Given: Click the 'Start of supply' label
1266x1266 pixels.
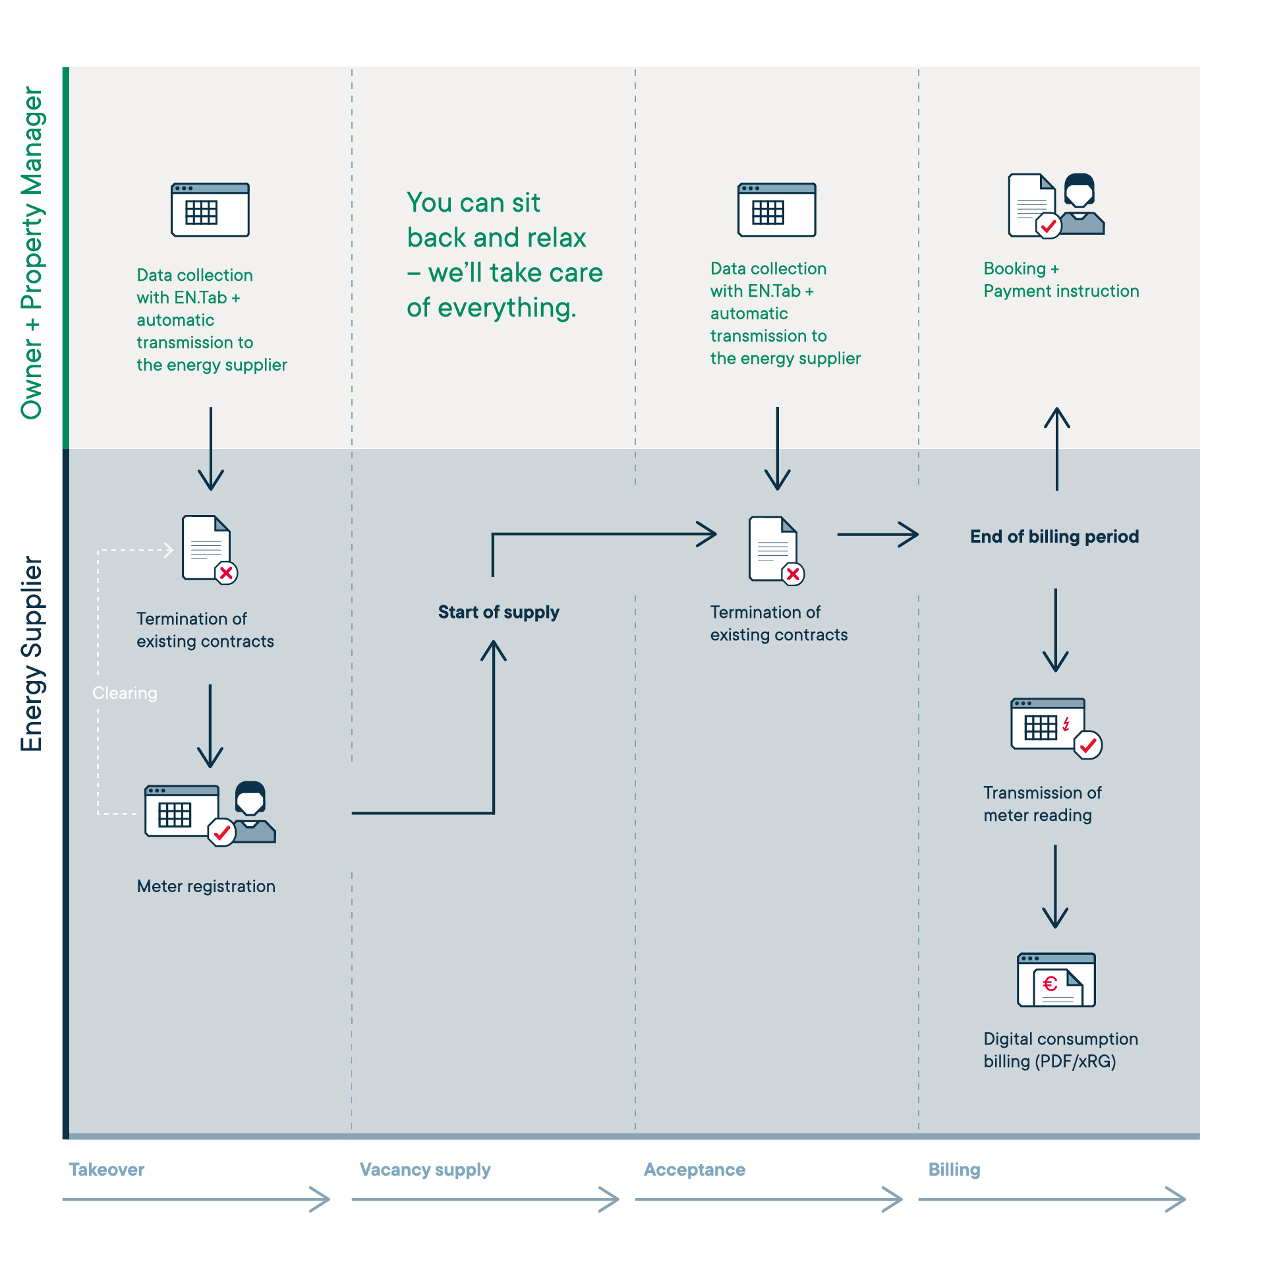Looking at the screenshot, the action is pos(499,613).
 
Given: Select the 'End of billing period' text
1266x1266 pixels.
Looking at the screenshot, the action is pos(1054,537).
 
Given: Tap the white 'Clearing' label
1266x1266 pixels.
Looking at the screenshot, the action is pos(125,693).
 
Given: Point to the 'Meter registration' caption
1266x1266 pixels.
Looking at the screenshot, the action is pos(206,886).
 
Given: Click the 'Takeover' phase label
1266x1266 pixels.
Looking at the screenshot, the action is pos(107,1170).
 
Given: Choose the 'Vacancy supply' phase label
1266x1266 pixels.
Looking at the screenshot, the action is pos(425,1170).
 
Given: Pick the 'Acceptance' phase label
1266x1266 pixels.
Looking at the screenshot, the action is pos(695,1170).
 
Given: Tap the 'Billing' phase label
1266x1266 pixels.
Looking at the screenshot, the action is pos(954,1170).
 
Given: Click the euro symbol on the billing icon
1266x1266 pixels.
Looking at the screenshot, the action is pos(1050,984).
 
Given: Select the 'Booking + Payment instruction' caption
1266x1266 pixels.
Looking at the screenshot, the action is pos(1061,280).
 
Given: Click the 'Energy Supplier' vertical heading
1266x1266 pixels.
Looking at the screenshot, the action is pos(31,653).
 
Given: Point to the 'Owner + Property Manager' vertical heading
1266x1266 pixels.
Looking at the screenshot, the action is pos(31,253).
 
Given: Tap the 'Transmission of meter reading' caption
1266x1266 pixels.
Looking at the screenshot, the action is pos(1043,804).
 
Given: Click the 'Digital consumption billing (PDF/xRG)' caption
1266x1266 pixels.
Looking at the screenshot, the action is pos(1061,1050).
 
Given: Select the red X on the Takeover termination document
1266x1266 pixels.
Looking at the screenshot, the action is pos(226,573).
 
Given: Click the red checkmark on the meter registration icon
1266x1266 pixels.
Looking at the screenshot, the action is pos(222,833).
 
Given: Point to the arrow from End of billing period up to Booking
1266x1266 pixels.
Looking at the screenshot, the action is pos(1057,448).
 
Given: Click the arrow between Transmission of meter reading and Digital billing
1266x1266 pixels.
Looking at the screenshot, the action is pos(1056,887).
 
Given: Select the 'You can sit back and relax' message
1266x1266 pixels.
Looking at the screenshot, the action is pos(505,255).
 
